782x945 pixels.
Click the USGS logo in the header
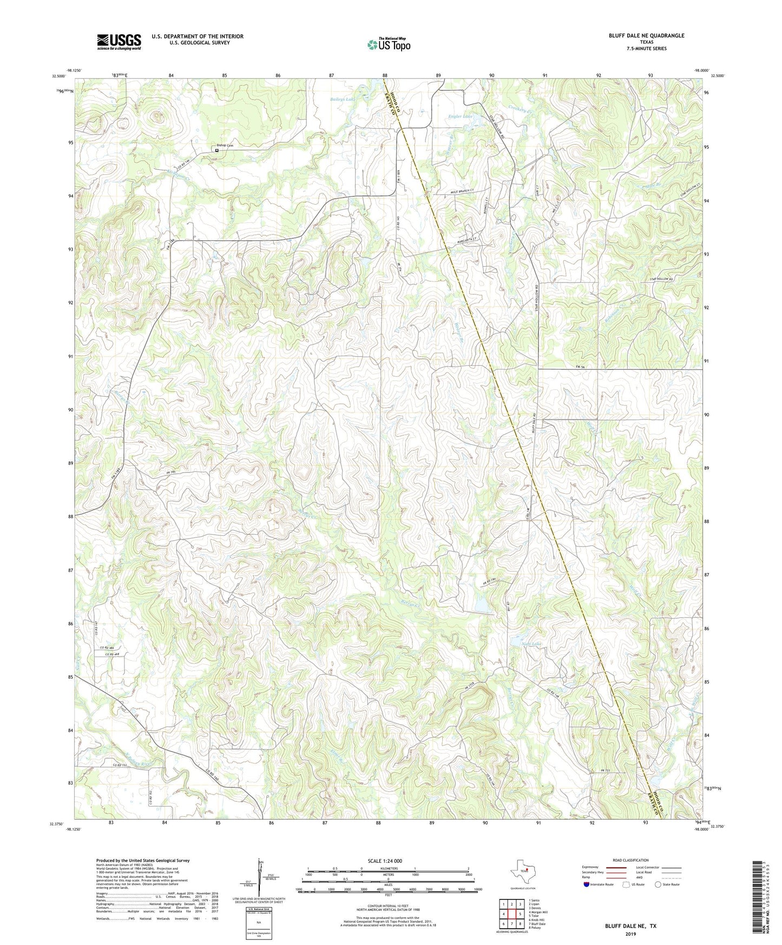click(x=119, y=42)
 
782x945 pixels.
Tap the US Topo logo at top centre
click(x=389, y=44)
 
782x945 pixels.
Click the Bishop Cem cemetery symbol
click(x=217, y=150)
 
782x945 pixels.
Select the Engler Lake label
click(x=461, y=116)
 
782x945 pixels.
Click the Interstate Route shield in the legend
click(x=587, y=884)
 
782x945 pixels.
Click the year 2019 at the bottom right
click(x=630, y=934)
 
